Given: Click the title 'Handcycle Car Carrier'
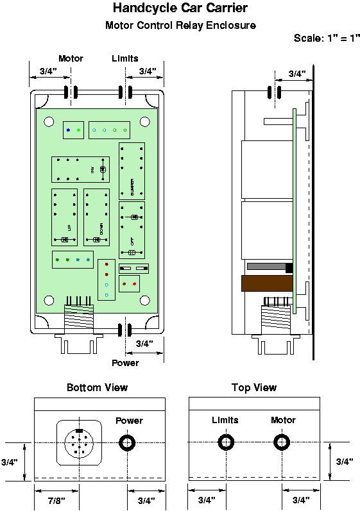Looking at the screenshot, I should point(180,8).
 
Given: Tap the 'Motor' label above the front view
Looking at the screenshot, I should point(71,58).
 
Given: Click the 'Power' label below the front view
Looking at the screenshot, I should point(125,363).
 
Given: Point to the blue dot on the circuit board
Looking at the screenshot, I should point(69,130).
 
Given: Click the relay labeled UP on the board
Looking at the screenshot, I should point(65,217).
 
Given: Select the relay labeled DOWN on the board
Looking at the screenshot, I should point(96,217).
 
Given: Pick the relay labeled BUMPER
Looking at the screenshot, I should point(132,171).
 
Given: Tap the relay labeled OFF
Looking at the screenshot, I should point(132,230).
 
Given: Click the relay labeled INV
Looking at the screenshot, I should point(80,169).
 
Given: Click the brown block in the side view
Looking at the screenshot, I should point(266,283).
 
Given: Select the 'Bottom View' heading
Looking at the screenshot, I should point(97,387).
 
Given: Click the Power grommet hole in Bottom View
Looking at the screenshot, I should point(126,442).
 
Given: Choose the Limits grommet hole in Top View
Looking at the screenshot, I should point(226,442).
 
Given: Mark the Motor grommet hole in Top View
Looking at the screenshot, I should point(282,442).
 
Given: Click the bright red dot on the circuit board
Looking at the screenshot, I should point(107,264).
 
